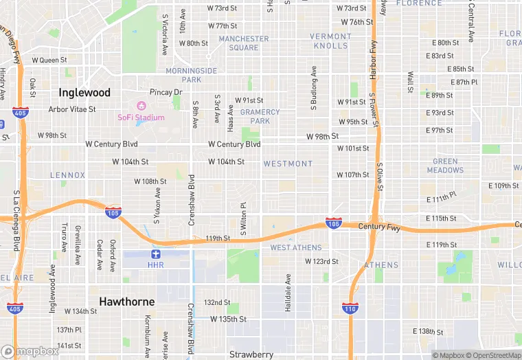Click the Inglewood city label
[84, 92]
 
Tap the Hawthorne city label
[126, 301]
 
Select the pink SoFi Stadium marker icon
[142, 106]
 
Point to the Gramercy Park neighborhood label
[260, 116]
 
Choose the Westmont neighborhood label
[288, 164]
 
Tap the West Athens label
[295, 247]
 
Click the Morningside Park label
[192, 75]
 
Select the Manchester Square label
[244, 43]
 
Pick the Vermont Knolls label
[330, 41]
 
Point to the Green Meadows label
[445, 166]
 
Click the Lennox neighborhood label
[67, 175]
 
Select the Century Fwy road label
[378, 225]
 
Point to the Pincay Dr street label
[166, 92]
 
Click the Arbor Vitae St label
[72, 109]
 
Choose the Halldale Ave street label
[288, 293]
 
